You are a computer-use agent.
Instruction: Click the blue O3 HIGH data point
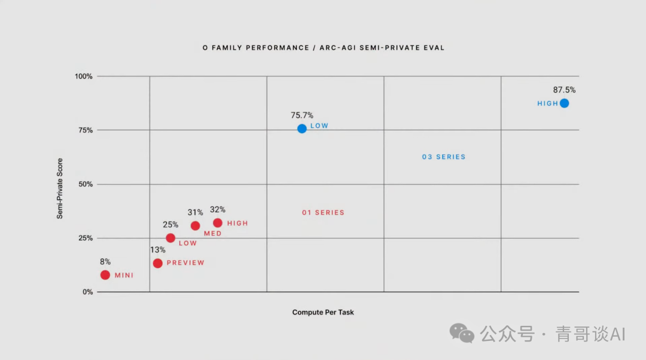click(x=564, y=103)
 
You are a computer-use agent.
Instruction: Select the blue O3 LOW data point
click(x=302, y=129)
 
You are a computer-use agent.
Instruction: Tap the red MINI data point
click(x=105, y=275)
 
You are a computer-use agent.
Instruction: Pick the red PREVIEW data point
click(x=158, y=263)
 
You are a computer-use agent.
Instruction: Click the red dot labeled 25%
click(x=170, y=238)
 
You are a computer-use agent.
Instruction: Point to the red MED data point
click(x=195, y=225)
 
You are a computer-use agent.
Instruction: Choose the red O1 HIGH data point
click(x=218, y=223)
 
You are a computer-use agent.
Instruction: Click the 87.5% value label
click(x=564, y=90)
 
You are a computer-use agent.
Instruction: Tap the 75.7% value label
click(x=302, y=115)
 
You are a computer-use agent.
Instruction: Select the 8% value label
click(x=105, y=262)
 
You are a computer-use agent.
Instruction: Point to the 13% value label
click(x=158, y=250)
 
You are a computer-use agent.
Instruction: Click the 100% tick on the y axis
click(x=83, y=77)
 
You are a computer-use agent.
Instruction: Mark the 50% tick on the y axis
click(x=85, y=184)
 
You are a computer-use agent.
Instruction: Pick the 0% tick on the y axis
click(x=87, y=292)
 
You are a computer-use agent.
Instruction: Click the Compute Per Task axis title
click(x=323, y=312)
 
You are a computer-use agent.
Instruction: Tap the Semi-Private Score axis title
click(x=60, y=188)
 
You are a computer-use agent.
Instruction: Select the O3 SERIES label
click(x=444, y=157)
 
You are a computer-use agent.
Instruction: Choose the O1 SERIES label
click(x=323, y=213)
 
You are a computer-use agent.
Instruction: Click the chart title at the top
click(x=323, y=48)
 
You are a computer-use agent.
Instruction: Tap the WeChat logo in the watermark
click(x=462, y=332)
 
